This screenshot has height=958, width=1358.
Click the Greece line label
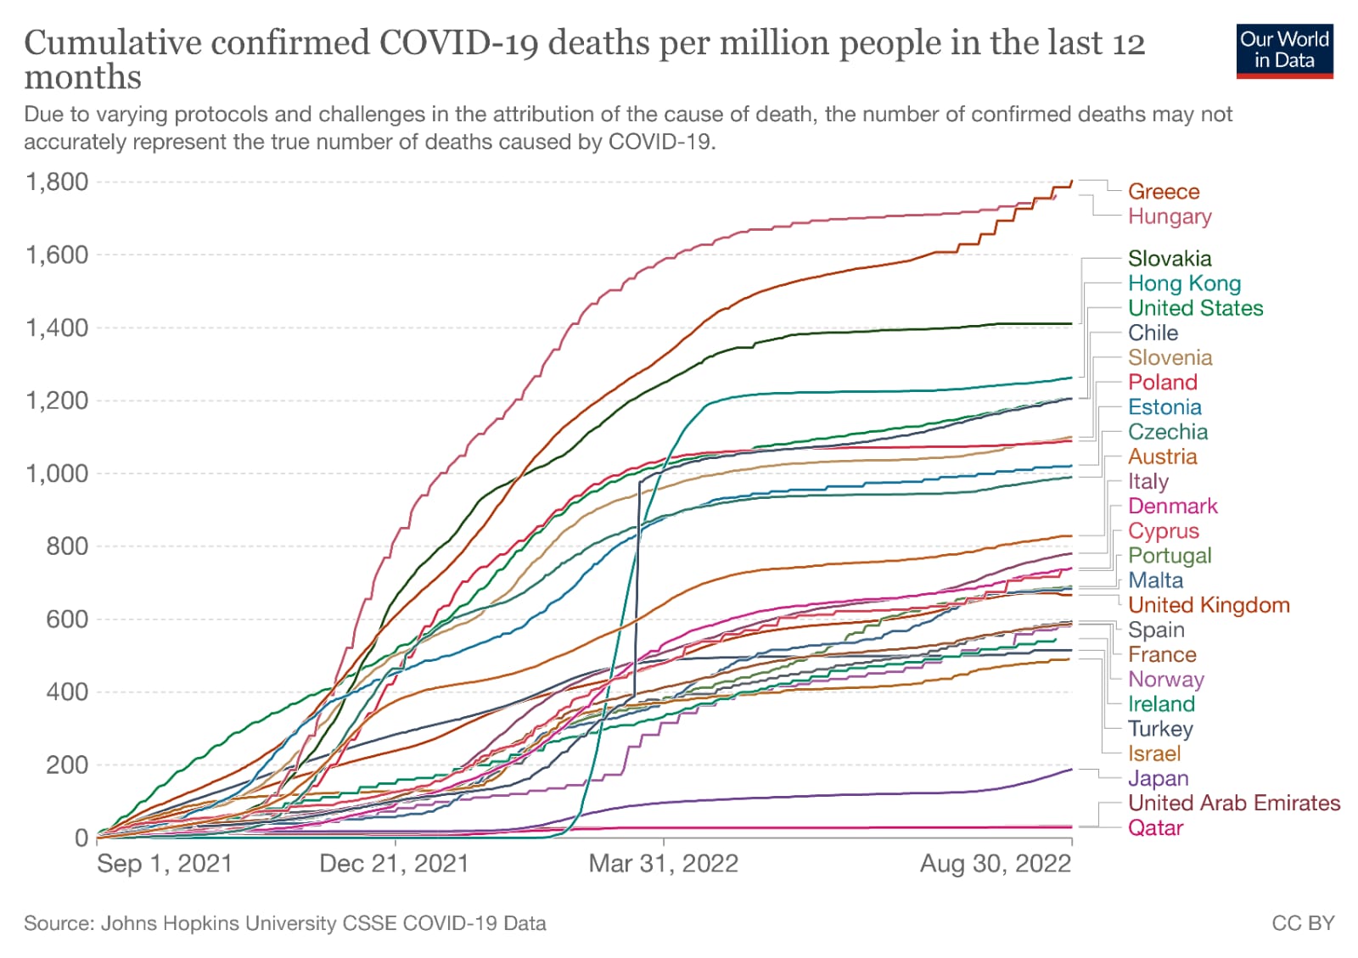(1163, 192)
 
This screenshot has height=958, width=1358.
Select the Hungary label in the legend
(1169, 216)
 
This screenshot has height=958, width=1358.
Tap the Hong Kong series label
(1183, 283)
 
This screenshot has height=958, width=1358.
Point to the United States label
(1194, 308)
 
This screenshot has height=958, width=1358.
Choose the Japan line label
(1157, 778)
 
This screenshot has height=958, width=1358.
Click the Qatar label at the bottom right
(1154, 828)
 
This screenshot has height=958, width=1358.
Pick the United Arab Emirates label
(1233, 803)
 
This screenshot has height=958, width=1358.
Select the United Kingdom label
(1208, 605)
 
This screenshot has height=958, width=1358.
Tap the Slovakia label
(1169, 259)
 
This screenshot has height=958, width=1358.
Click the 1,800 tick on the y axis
(57, 182)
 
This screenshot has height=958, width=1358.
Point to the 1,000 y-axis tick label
(57, 473)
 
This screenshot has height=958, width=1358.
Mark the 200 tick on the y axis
(67, 765)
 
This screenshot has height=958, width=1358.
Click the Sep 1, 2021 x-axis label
(164, 864)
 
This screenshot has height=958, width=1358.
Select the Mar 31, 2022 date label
(663, 864)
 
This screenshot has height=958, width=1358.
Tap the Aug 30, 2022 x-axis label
(995, 864)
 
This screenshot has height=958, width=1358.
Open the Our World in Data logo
(1283, 50)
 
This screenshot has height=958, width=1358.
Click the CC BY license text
(1302, 923)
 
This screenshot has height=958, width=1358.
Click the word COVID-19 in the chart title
(458, 43)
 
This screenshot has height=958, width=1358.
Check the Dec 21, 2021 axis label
(394, 864)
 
